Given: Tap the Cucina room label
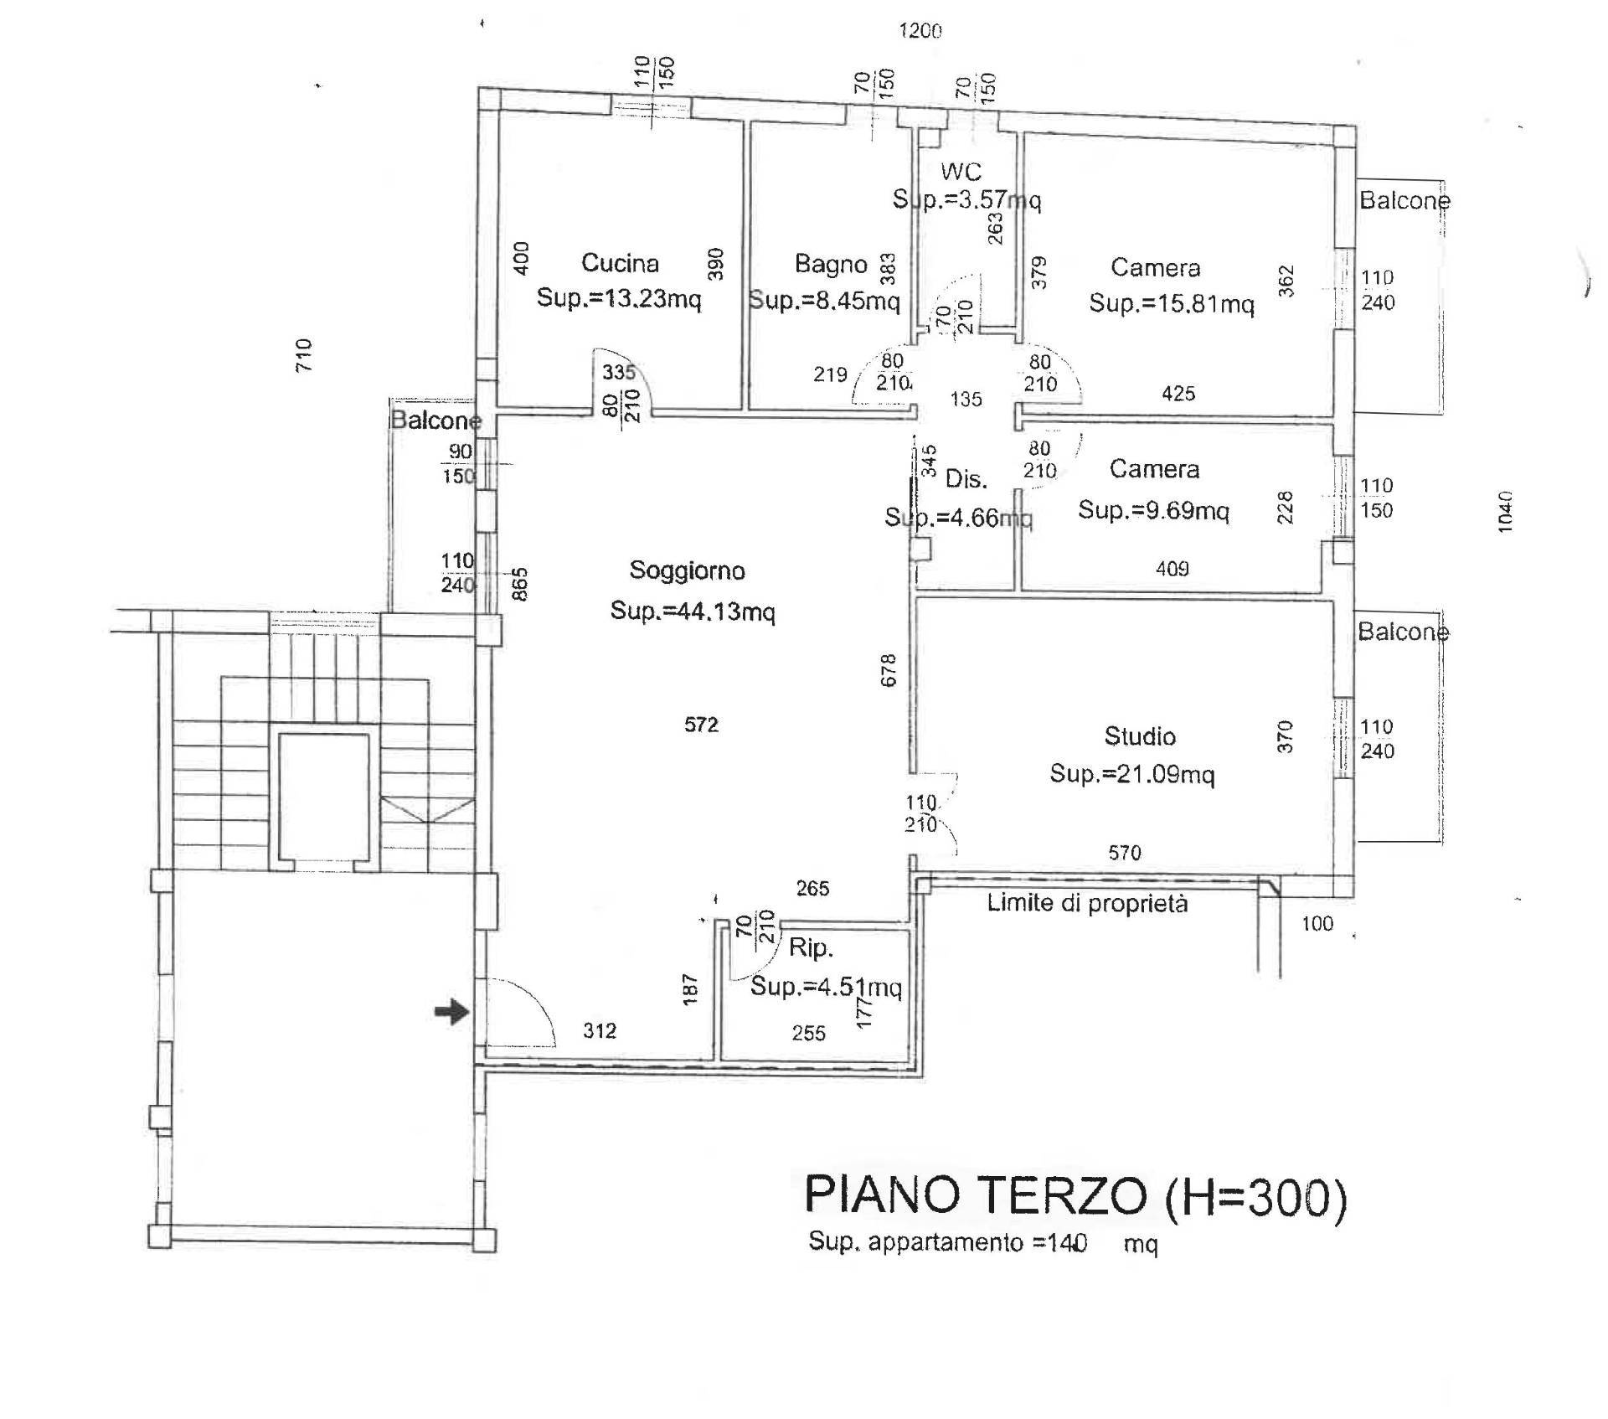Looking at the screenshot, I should click(620, 263).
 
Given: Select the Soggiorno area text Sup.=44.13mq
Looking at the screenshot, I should click(693, 611).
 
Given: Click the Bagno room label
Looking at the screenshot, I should click(831, 265).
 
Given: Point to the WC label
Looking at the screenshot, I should click(961, 172).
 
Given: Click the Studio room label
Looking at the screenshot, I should click(1140, 736).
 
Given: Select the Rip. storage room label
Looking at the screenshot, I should click(810, 948).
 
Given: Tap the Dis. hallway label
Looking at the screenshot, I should click(966, 479).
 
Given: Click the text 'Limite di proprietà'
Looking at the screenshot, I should click(1087, 904).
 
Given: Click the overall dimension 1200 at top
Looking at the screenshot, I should click(920, 31).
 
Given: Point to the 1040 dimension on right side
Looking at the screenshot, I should click(1506, 511).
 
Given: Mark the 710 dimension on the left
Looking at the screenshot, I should click(303, 355).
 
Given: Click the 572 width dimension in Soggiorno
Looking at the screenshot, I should click(701, 725).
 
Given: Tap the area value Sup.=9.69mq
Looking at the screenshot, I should click(1153, 510).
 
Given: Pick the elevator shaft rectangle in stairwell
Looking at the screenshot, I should click(323, 797).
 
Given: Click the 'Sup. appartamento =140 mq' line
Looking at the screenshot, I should click(982, 1243).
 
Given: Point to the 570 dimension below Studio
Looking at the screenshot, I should click(1124, 853).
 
